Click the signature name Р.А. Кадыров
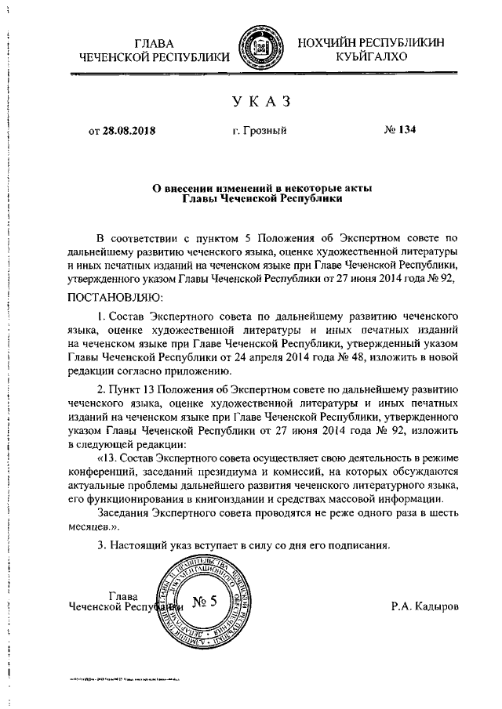426,606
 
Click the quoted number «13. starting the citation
108,456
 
